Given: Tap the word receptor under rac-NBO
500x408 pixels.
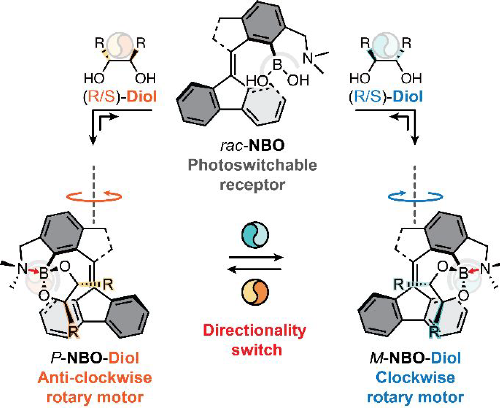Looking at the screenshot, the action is point(252,184).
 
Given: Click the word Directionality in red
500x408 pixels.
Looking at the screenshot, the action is point(255,331).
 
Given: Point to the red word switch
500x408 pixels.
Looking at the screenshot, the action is point(257,350).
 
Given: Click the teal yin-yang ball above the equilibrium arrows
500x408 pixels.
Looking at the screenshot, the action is point(256,235).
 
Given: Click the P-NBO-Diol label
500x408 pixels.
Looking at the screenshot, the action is point(95,358).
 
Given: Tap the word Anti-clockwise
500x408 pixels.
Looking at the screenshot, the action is point(95,378).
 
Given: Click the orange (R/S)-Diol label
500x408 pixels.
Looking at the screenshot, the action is point(119,97).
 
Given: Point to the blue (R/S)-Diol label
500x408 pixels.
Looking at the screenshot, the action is point(386,97).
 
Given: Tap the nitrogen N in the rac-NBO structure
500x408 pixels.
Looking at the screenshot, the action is point(308,58).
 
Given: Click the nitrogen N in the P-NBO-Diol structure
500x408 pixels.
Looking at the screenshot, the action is point(22,269).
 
